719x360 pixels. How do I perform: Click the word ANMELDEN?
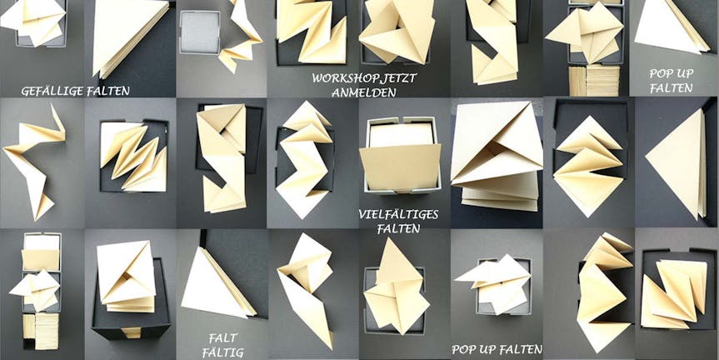(x=363, y=92)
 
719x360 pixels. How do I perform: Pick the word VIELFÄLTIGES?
(x=398, y=214)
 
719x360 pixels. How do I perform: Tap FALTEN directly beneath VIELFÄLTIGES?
(x=398, y=228)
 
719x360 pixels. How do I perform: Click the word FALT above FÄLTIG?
(x=222, y=338)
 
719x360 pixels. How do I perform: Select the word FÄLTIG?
(x=222, y=352)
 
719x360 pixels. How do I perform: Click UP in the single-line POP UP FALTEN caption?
(x=487, y=350)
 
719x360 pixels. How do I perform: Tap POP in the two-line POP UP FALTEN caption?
(x=662, y=73)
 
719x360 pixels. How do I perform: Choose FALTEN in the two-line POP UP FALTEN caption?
(x=672, y=88)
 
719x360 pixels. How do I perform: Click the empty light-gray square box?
(x=200, y=32)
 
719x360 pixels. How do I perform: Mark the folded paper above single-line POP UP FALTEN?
(x=492, y=283)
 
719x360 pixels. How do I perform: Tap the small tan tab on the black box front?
(x=131, y=332)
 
